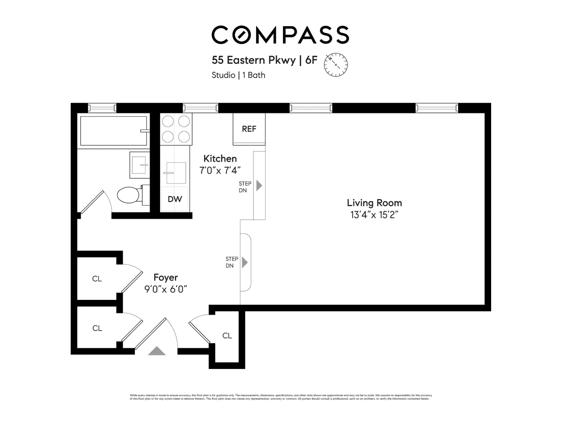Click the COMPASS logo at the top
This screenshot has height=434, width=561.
pos(280,35)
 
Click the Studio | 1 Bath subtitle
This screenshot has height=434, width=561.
pos(238,75)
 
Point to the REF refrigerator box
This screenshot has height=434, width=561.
pos(249,129)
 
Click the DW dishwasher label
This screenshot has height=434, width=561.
pos(175,199)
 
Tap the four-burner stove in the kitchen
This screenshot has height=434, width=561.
pos(176,129)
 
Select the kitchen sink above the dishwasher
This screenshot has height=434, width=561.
pos(176,173)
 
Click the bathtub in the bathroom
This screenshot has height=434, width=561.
pos(114,131)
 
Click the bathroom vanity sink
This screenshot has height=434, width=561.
pos(140,165)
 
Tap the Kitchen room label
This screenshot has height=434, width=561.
pos(220,159)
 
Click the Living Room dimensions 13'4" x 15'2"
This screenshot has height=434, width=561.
pos(374,215)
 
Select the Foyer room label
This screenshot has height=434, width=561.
pos(166,277)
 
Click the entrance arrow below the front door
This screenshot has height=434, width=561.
pos(157,351)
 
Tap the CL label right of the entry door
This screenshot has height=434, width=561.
pos(227,335)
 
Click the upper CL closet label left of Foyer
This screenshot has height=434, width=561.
pos(97,279)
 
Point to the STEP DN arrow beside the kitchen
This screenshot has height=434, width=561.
pos(259,186)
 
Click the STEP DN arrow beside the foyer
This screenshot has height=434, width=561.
pos(245,263)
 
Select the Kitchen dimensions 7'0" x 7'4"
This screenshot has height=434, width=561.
pos(220,171)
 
